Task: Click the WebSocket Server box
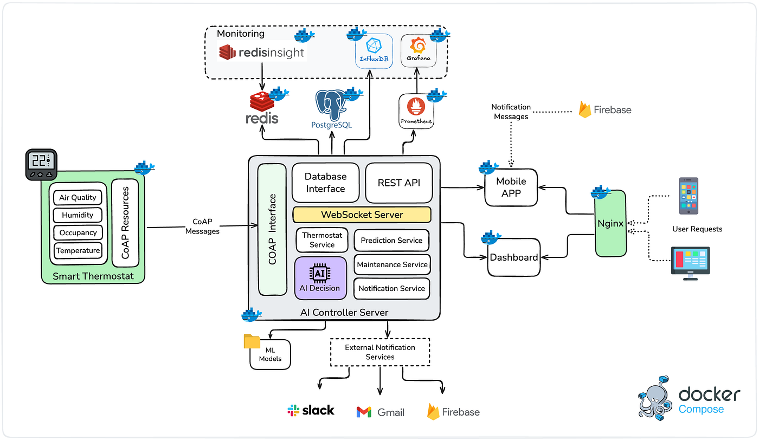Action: (x=362, y=215)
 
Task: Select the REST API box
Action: (x=399, y=183)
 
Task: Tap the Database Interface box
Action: (x=325, y=183)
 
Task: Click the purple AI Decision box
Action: (x=320, y=278)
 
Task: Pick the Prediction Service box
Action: (x=391, y=240)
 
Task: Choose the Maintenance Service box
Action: (x=391, y=264)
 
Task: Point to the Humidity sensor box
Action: (x=78, y=215)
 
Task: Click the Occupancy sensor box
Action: (x=78, y=232)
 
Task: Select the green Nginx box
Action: (x=610, y=223)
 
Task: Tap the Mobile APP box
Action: (x=511, y=187)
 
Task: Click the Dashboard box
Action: (x=514, y=257)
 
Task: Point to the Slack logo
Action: (x=311, y=411)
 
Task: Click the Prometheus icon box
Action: (x=416, y=111)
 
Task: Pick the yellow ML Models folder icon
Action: (x=252, y=341)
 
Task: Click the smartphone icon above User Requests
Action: (x=689, y=196)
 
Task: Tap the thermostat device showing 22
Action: (x=41, y=165)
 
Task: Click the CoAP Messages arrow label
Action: (x=202, y=227)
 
